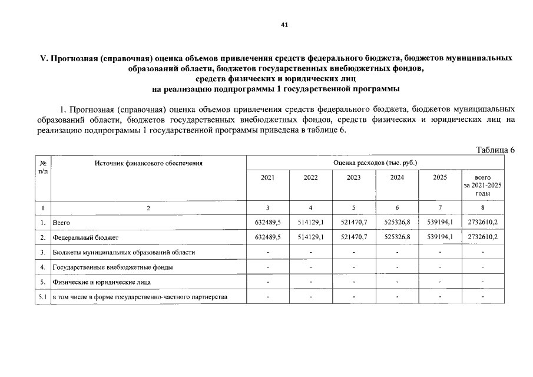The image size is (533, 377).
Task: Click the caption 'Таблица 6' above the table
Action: (495, 149)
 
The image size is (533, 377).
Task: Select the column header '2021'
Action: (267, 177)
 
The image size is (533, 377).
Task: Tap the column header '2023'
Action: (353, 177)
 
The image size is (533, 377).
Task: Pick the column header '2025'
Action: (440, 177)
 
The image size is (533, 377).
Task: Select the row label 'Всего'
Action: (61, 223)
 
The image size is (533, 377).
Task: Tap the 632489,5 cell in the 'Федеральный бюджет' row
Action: (267, 237)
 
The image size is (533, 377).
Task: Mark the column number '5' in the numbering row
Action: (353, 207)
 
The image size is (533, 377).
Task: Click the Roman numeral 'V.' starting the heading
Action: (42, 58)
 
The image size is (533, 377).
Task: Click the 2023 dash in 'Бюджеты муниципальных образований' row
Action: (353, 252)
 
